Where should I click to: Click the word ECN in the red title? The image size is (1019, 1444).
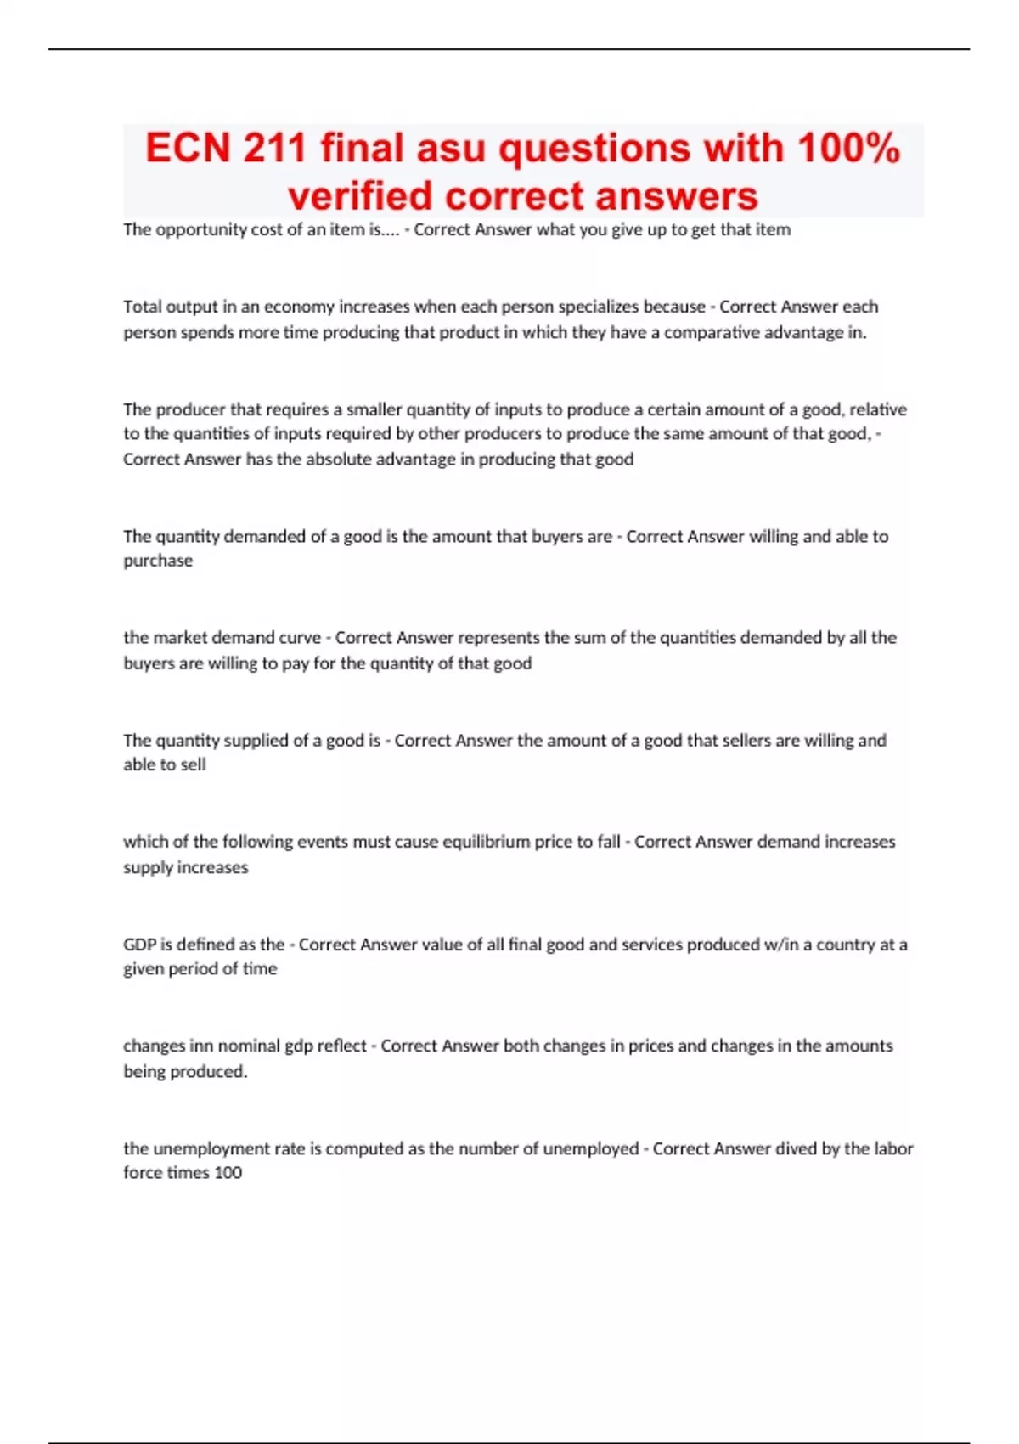click(188, 148)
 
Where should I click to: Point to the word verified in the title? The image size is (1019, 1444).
click(360, 196)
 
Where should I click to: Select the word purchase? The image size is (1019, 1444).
click(158, 561)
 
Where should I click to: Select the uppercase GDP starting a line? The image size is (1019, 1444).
click(139, 945)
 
